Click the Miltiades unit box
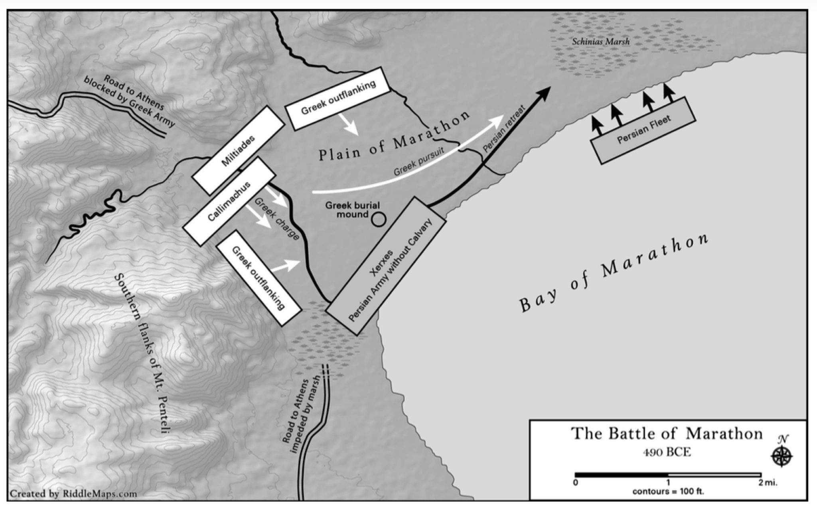[238, 150]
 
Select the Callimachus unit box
[229, 201]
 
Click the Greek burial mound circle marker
[378, 219]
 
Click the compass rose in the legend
[781, 456]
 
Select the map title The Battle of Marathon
[667, 433]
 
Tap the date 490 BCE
[667, 452]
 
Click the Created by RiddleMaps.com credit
[73, 494]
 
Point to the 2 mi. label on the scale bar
[768, 483]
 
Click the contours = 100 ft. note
[668, 491]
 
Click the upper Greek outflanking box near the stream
[337, 99]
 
